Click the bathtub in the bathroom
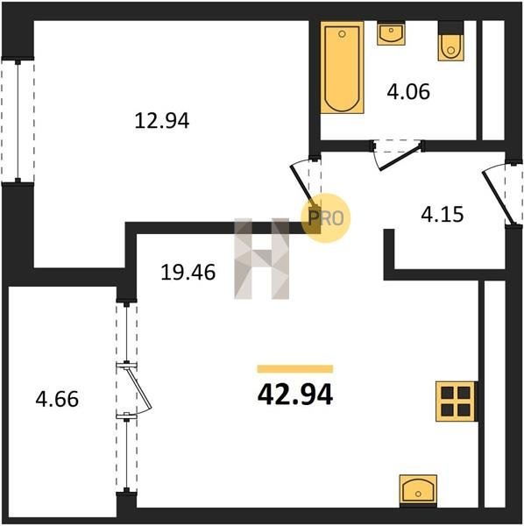point(342,68)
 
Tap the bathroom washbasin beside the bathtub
point(391,33)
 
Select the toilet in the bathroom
point(451,41)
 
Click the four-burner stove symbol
point(456,402)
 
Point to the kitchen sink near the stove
point(418,491)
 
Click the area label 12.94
point(162,121)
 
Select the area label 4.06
point(408,91)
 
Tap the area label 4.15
point(443,215)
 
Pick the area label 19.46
point(188,272)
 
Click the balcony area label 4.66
point(57,399)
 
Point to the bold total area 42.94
point(295,394)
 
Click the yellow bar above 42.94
point(295,369)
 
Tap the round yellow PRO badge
point(326,217)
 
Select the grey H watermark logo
point(261,259)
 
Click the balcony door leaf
point(139,388)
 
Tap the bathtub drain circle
point(342,34)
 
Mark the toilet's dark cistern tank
point(451,27)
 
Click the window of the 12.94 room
point(18,121)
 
